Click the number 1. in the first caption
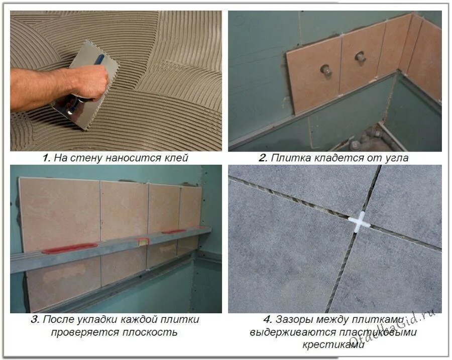47,158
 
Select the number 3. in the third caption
35,319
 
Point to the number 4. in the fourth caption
268,319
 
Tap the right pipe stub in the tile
360,57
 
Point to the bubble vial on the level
143,242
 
